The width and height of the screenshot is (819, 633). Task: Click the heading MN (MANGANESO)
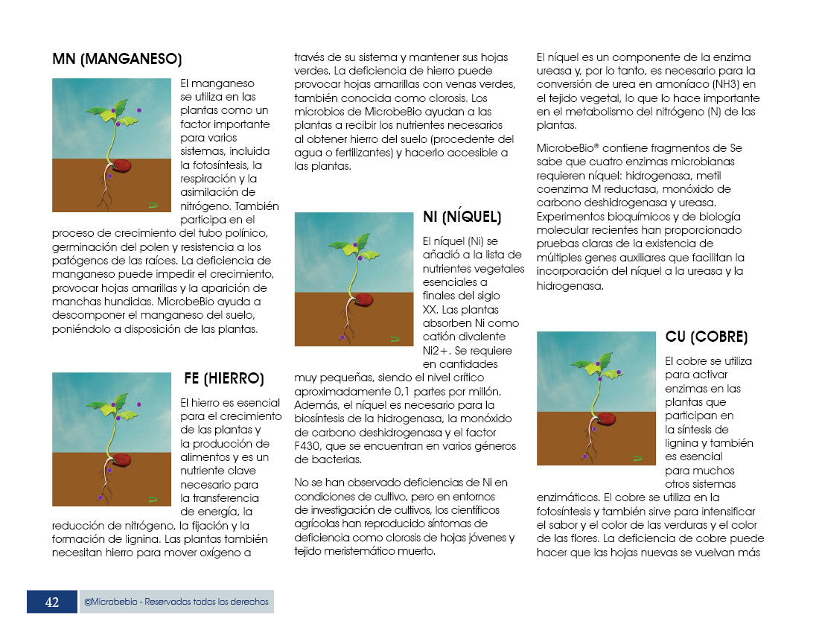(117, 59)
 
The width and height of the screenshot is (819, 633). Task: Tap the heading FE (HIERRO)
(223, 378)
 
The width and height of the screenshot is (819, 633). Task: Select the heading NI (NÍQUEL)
(462, 217)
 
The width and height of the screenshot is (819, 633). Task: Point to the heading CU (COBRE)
(707, 337)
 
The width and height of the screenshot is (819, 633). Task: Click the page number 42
(52, 602)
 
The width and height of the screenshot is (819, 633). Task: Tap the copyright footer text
(176, 602)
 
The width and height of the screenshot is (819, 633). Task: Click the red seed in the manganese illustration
(121, 165)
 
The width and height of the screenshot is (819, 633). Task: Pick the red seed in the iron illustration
(121, 459)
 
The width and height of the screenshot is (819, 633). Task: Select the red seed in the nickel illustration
(363, 299)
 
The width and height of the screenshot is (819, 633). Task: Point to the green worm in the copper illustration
(638, 459)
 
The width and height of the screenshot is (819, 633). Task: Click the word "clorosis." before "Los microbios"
(446, 98)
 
